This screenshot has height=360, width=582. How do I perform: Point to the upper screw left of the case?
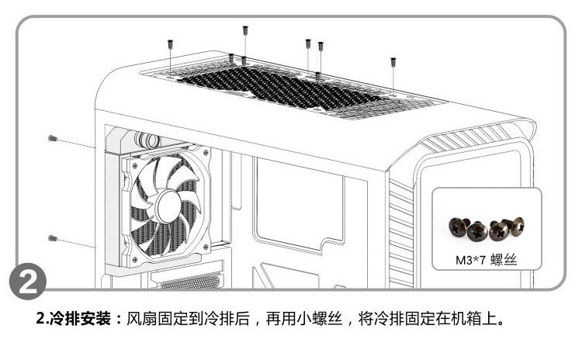click(x=53, y=138)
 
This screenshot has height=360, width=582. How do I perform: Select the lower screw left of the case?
click(x=53, y=237)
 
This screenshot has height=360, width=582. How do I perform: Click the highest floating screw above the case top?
click(x=245, y=30)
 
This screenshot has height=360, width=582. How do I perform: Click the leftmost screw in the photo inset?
click(x=456, y=227)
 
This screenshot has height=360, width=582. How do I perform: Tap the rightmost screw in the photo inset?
click(x=517, y=225)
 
